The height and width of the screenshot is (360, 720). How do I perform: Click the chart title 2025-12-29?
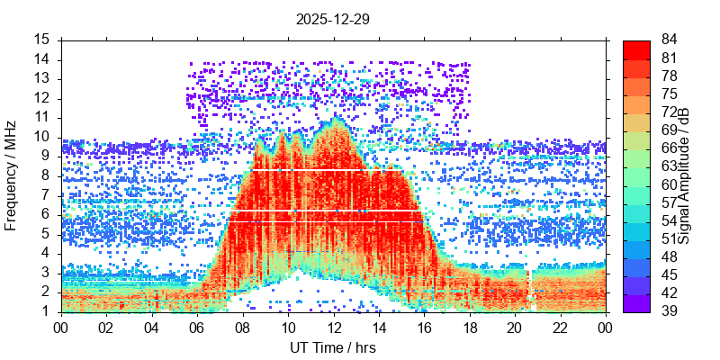pos(333,18)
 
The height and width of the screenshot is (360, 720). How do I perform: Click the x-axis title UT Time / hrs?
pos(333,347)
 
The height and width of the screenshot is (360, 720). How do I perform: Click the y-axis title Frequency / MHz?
pos(12,175)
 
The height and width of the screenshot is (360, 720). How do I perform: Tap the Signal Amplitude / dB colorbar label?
pos(684,175)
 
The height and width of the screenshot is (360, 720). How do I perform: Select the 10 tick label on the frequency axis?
pos(42,137)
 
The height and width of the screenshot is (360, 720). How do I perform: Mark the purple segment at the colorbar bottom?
pos(635,304)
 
